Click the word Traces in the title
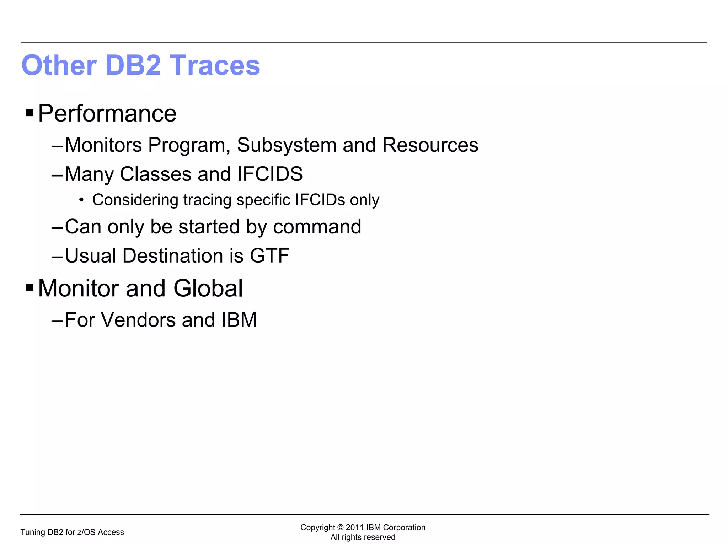coord(215,65)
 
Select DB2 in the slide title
coord(133,65)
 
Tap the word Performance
coord(107,114)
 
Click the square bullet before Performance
coord(30,113)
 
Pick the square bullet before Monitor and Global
coord(30,288)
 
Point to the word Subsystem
coord(287,145)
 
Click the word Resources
coord(430,145)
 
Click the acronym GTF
coord(269,256)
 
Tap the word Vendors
coord(138,320)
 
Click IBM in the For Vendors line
coord(239,320)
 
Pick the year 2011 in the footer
coord(355,528)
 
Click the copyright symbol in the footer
coord(340,528)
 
